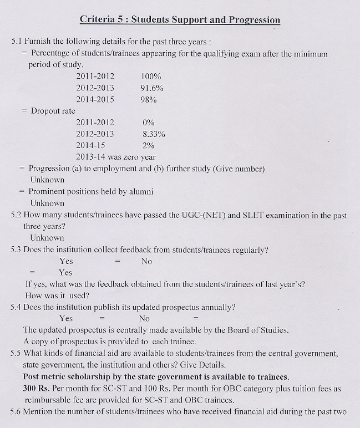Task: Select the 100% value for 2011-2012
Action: coord(151,77)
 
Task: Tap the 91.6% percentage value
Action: coord(152,88)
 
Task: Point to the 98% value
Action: coord(149,100)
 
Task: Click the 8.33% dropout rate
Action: coord(154,134)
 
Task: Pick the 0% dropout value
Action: coord(148,123)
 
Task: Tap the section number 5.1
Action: coord(17,42)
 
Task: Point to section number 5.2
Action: coord(17,215)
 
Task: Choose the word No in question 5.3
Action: coord(146,261)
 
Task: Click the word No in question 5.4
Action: coord(144,319)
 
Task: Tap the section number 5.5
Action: coord(17,353)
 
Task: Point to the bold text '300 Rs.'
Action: coord(37,389)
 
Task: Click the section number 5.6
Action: coord(17,412)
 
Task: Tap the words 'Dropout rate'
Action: coord(53,111)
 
